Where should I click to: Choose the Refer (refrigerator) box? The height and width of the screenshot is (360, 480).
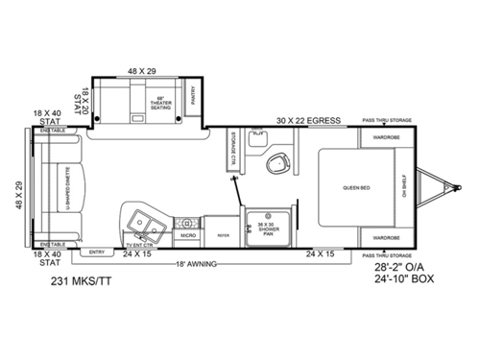(223, 232)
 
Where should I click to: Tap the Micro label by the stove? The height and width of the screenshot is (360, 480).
(188, 234)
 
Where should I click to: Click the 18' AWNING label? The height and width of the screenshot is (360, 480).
(193, 264)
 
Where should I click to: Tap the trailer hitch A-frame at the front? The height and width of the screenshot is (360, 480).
(440, 186)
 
